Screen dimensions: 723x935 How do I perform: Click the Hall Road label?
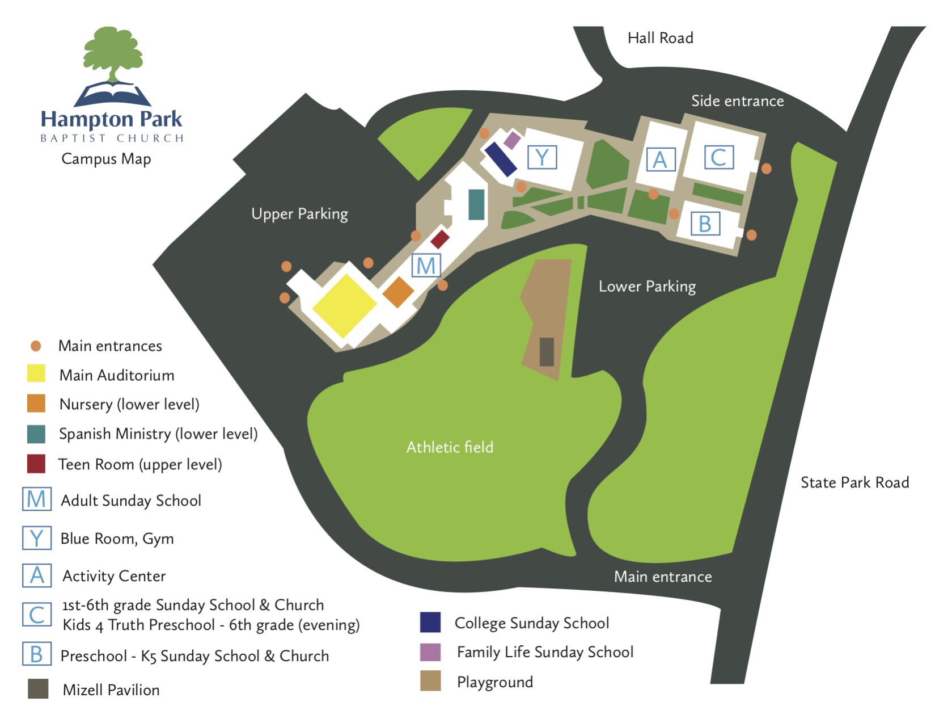(660, 38)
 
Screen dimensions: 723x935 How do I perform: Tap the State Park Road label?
(854, 482)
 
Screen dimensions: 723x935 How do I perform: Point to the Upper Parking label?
(299, 214)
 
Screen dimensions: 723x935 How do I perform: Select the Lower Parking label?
(647, 286)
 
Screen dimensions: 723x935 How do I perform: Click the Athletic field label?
(450, 447)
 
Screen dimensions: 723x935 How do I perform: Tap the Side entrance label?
(737, 101)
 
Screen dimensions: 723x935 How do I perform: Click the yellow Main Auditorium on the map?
(344, 305)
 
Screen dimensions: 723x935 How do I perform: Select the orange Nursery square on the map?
(398, 292)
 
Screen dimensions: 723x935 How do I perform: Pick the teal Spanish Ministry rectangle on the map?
(476, 204)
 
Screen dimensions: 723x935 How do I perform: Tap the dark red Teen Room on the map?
(440, 239)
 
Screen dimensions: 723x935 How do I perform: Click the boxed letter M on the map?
(426, 265)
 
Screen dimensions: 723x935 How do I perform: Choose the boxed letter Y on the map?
(541, 157)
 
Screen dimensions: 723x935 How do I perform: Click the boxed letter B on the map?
(705, 224)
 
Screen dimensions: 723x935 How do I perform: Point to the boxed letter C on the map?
(718, 157)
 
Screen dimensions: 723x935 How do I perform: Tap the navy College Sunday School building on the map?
(501, 159)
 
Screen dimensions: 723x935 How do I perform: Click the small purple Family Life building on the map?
(512, 140)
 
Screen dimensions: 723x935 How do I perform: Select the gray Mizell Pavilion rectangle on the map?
(547, 351)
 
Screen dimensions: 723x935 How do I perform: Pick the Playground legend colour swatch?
(430, 681)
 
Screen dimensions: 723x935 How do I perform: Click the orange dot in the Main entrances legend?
(36, 346)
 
